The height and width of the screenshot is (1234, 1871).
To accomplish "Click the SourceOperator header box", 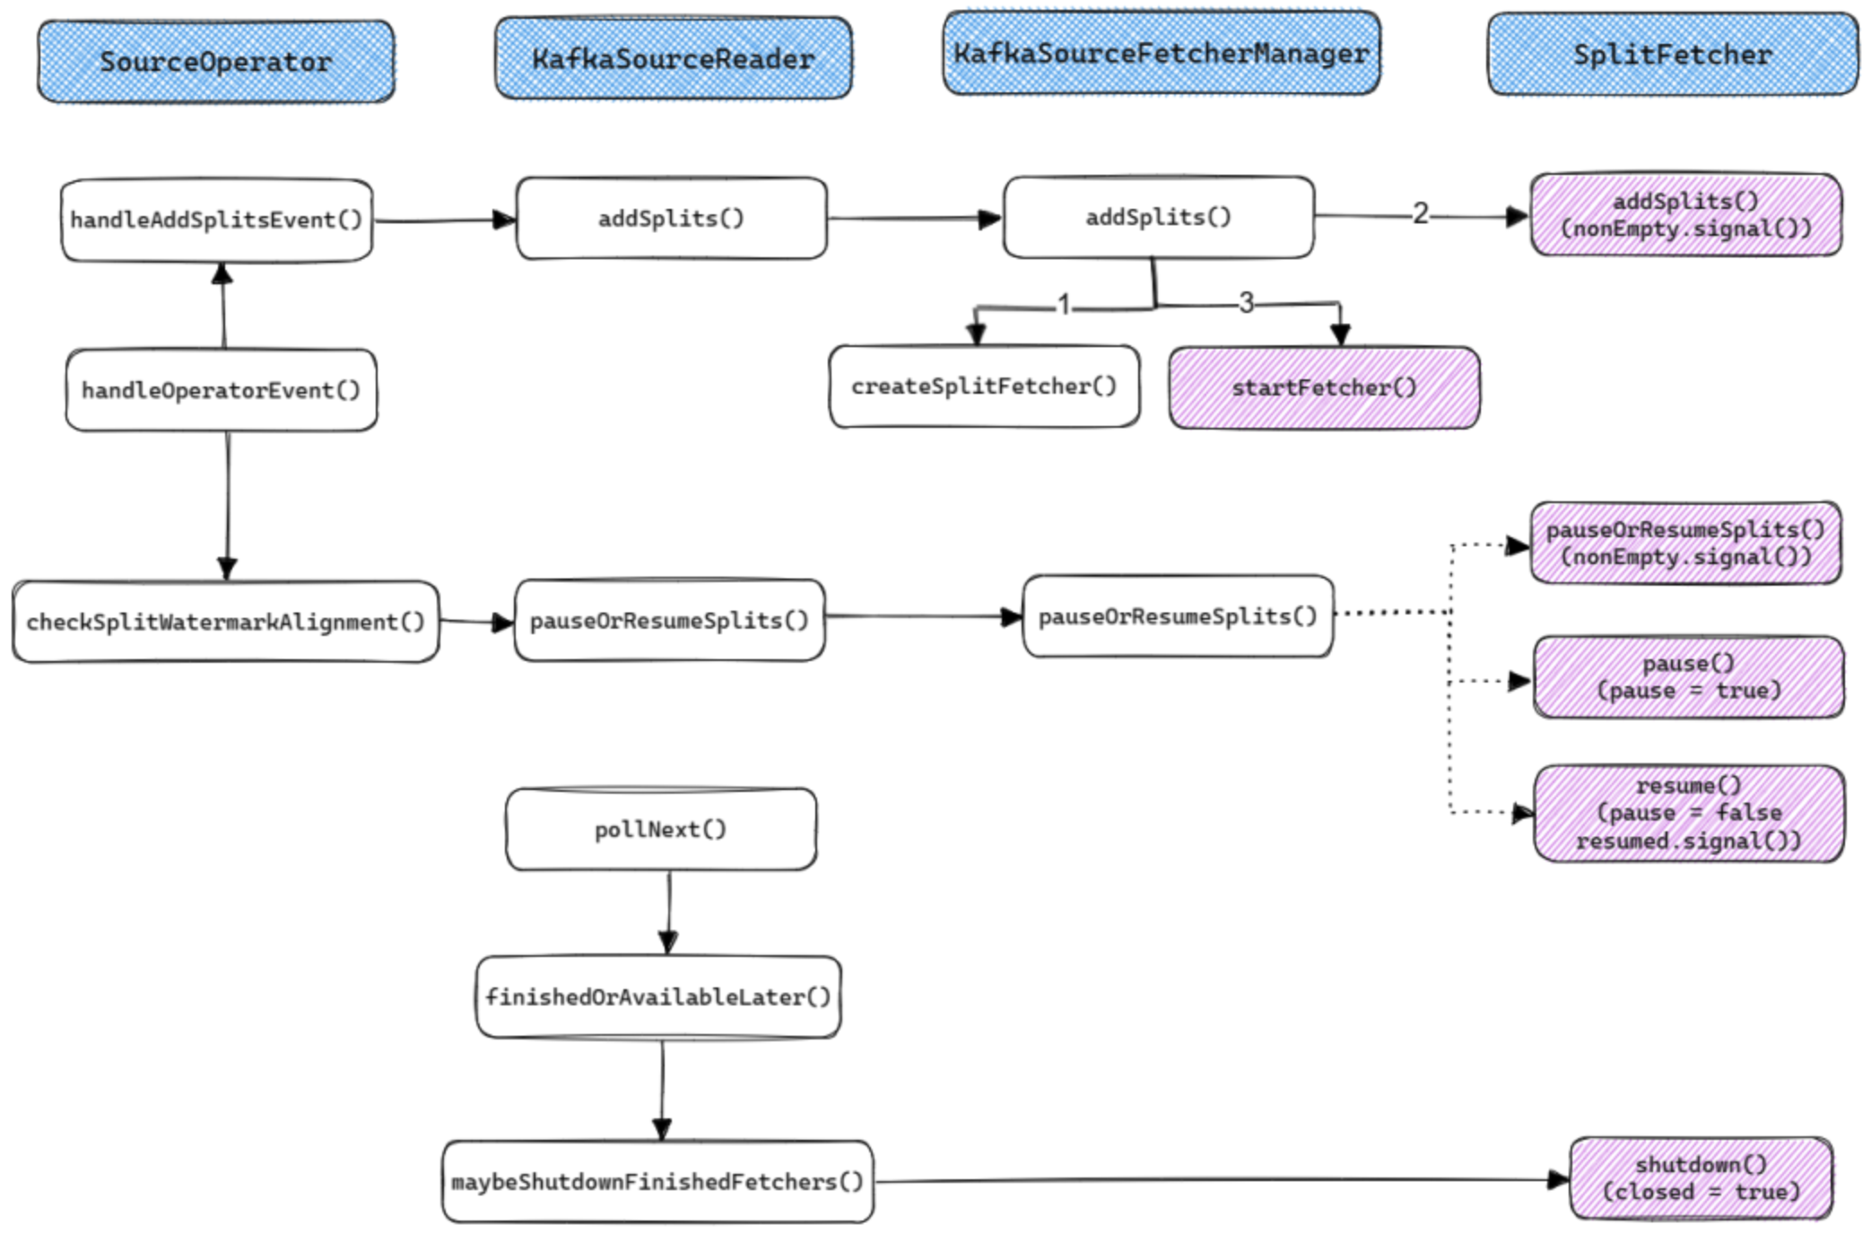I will pyautogui.click(x=215, y=61).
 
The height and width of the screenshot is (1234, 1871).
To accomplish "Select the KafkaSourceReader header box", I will pyautogui.click(x=673, y=58).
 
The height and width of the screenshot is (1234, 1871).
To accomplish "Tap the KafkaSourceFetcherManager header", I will pyautogui.click(x=1161, y=53).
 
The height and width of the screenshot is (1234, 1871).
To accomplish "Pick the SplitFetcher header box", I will pyautogui.click(x=1672, y=54).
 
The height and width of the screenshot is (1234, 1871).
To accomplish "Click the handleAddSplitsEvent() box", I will pyautogui.click(x=216, y=220).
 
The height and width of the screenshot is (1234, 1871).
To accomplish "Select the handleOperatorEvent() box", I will pyautogui.click(x=221, y=390).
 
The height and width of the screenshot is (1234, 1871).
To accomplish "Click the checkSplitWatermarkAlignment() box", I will pyautogui.click(x=225, y=621).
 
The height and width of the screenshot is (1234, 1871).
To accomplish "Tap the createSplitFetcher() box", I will pyautogui.click(x=984, y=387).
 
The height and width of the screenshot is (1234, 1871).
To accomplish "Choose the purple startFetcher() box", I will pyautogui.click(x=1324, y=387).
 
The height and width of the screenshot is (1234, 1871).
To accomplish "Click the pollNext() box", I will pyautogui.click(x=660, y=829).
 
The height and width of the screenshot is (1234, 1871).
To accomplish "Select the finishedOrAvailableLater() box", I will pyautogui.click(x=657, y=996).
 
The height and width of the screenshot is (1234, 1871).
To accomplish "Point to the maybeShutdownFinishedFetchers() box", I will pyautogui.click(x=657, y=1181).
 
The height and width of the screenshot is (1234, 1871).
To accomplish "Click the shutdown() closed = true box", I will pyautogui.click(x=1701, y=1178).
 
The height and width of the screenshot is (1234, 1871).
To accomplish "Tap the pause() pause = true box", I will pyautogui.click(x=1688, y=677).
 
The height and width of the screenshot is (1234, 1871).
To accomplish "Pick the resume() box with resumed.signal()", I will pyautogui.click(x=1688, y=813).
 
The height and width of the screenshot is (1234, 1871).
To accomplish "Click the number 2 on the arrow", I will pyautogui.click(x=1420, y=213).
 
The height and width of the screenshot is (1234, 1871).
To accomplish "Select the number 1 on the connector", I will pyautogui.click(x=1064, y=306).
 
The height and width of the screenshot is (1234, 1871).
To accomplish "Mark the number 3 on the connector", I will pyautogui.click(x=1246, y=303).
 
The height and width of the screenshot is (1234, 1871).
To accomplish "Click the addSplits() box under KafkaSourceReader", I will pyautogui.click(x=671, y=218).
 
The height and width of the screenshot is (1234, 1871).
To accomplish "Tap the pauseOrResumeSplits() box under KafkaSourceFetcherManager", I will pyautogui.click(x=1177, y=616).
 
